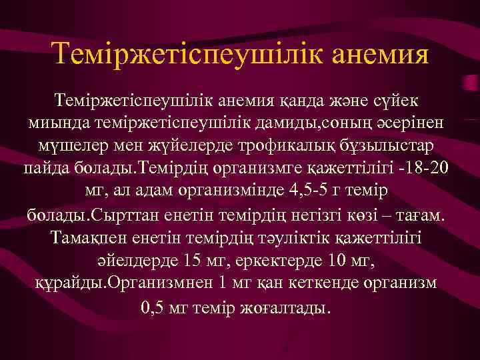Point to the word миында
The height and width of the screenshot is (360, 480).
point(51,124)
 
